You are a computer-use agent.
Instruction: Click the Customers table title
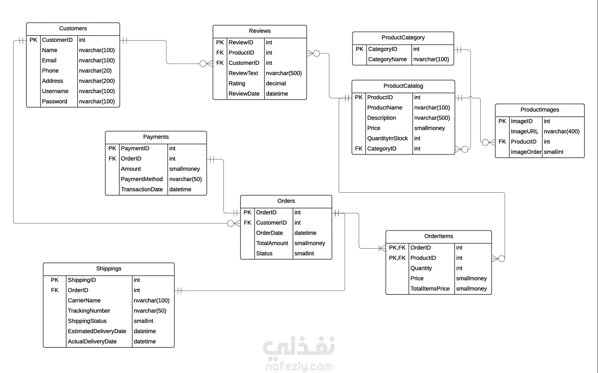coord(73,29)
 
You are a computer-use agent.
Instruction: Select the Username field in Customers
coord(55,91)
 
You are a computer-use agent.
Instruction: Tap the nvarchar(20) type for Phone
coord(95,71)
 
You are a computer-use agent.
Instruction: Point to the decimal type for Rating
coord(276,84)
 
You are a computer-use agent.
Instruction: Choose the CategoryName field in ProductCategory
coord(387,59)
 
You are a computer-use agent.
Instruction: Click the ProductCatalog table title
coord(403,86)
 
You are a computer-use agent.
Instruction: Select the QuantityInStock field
coord(387,138)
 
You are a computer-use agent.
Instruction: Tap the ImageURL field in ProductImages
coord(524,132)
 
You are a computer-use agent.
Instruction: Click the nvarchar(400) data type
coord(561,132)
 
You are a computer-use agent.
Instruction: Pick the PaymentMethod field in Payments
coord(142,179)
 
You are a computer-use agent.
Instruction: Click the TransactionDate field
coord(142,190)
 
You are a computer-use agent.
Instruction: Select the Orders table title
coord(286,201)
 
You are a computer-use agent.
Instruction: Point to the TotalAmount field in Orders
coord(272,244)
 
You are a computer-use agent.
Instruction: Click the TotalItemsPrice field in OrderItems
coord(430,289)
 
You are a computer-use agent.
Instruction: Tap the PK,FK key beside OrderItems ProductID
coord(397,258)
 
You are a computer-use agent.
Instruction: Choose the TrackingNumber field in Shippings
coord(89,311)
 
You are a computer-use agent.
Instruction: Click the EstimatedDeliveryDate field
coord(97,332)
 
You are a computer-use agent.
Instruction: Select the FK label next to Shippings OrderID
coord(55,291)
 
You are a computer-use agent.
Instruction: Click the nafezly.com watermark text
coord(299,366)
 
